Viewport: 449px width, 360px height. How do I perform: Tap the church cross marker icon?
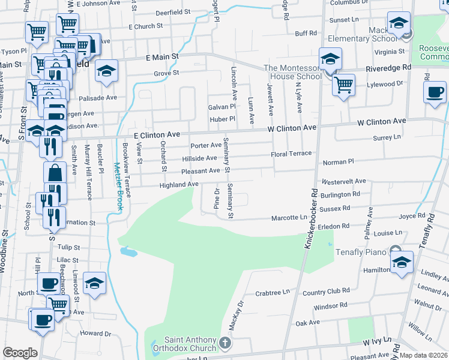point(224,344)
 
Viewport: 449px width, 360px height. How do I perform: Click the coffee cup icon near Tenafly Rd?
point(435,92)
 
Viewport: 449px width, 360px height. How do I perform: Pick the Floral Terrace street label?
point(291,154)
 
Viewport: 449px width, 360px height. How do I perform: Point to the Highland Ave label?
point(179,185)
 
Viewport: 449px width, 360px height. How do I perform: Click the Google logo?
point(20,352)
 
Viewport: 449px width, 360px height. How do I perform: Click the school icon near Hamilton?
point(402,262)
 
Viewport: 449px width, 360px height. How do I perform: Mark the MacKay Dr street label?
point(235,315)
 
